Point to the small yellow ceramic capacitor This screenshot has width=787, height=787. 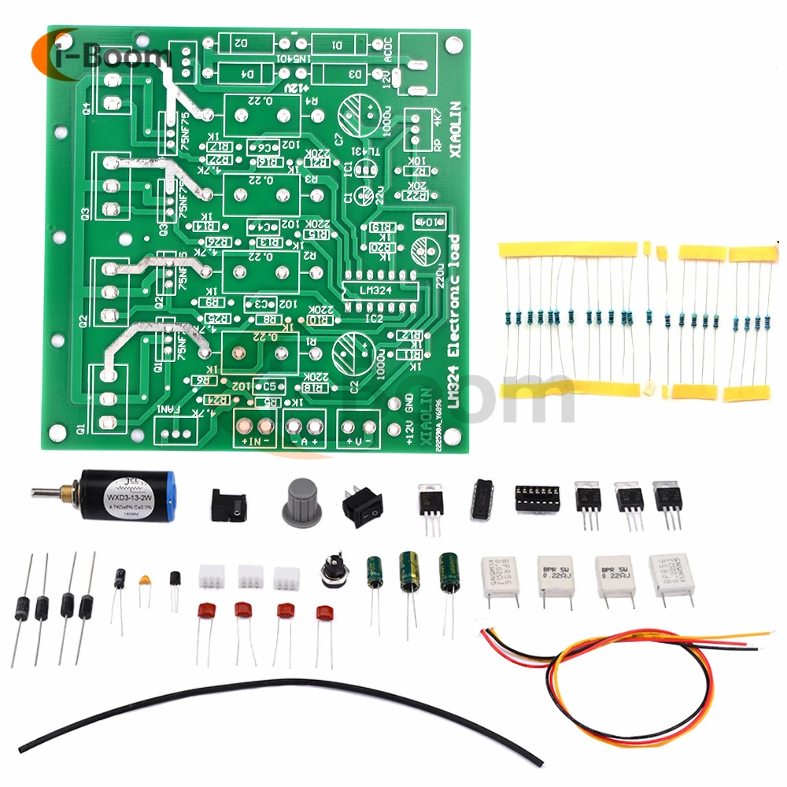click(x=144, y=583)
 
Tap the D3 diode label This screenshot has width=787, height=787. click(x=357, y=75)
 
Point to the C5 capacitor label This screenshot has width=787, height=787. click(x=270, y=386)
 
